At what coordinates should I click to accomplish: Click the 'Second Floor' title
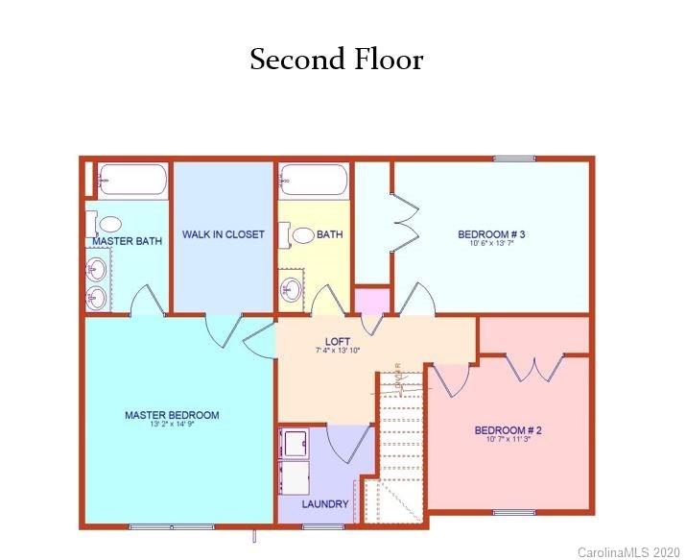click(x=336, y=60)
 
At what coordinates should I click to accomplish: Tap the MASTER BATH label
click(x=128, y=241)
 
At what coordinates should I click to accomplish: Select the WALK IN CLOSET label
click(x=224, y=234)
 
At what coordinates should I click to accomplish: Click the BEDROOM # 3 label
click(x=491, y=234)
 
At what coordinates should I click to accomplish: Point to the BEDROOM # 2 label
click(x=509, y=430)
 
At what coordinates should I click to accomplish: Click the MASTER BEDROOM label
click(x=172, y=415)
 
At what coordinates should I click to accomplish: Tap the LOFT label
click(x=338, y=341)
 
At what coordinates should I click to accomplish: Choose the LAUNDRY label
click(x=324, y=503)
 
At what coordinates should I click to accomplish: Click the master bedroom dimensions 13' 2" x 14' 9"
click(x=172, y=426)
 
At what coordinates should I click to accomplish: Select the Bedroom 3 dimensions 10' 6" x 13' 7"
click(x=491, y=244)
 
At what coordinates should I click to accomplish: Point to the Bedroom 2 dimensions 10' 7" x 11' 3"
click(x=509, y=441)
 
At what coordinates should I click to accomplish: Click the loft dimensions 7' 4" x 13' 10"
click(x=338, y=352)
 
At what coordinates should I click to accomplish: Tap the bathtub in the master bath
click(x=132, y=180)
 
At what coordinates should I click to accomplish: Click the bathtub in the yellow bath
click(x=313, y=180)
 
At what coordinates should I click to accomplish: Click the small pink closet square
click(x=372, y=300)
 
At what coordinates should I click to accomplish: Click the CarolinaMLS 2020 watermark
click(x=628, y=552)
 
